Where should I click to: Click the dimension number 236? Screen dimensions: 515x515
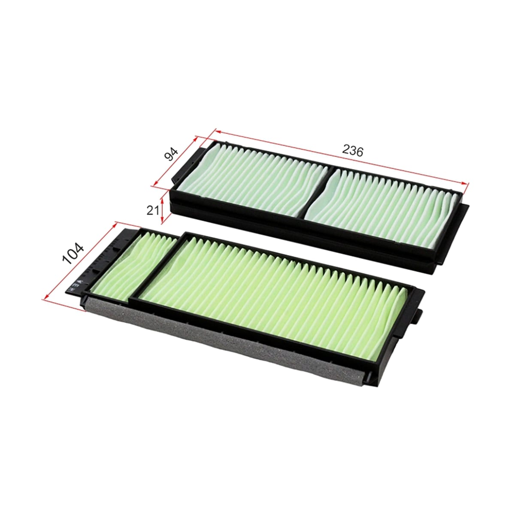[x=353, y=151]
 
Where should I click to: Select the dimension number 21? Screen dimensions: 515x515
[x=153, y=211]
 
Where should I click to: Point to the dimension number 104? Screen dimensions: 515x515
[x=73, y=254]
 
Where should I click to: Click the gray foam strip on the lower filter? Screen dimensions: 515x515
[x=222, y=339]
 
